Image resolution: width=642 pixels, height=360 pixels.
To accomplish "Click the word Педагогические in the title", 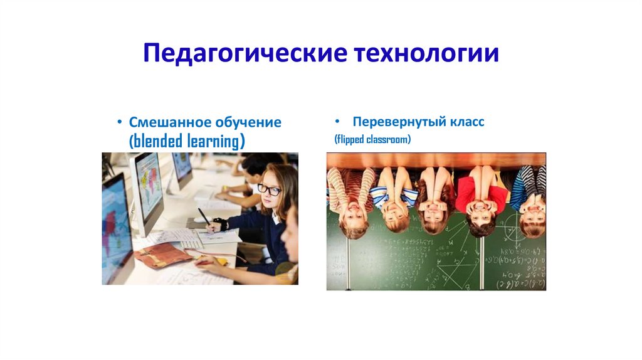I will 245,53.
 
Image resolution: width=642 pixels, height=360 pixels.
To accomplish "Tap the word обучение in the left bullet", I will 250,122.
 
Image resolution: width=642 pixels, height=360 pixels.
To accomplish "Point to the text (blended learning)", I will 186,141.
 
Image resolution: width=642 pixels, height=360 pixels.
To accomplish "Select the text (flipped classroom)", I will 372,139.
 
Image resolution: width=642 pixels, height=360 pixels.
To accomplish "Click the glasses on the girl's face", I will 269,189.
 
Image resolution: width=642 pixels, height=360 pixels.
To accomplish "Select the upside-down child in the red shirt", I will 480,199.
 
